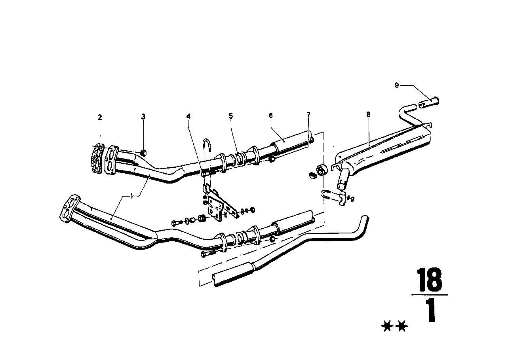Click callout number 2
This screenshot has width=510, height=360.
pyautogui.click(x=100, y=117)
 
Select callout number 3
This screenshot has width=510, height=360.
pyautogui.click(x=143, y=117)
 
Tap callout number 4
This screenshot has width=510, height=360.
pyautogui.click(x=189, y=117)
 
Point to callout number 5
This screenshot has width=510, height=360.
pyautogui.click(x=231, y=116)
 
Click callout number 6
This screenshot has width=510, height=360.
pyautogui.click(x=271, y=116)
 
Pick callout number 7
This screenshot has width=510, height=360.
pyautogui.click(x=308, y=115)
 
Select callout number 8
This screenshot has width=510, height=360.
pyautogui.click(x=368, y=115)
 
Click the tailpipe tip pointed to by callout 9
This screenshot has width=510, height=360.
pyautogui.click(x=430, y=103)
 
